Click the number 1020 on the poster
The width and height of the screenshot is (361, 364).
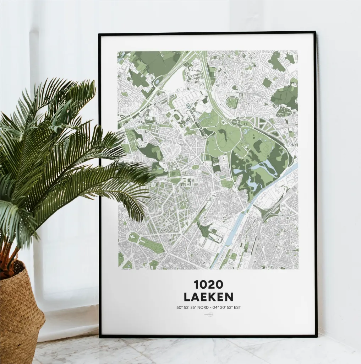[208, 284]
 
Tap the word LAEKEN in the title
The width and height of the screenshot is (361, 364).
[208, 296]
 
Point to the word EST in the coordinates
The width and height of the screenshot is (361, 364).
[236, 307]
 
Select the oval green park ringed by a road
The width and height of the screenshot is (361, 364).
[232, 102]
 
